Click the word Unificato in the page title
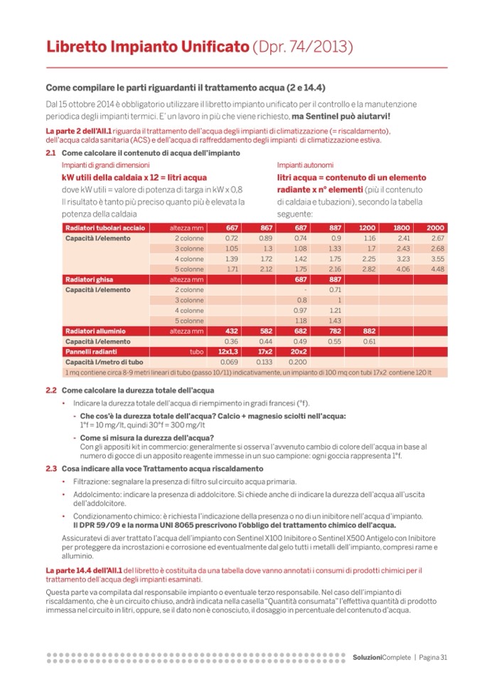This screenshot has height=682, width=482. (212, 48)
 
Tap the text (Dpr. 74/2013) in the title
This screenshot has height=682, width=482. (303, 48)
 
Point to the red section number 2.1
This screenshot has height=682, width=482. (50, 153)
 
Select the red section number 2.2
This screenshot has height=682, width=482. (50, 390)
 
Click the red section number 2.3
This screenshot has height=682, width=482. (50, 469)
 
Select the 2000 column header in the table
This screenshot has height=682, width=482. (435, 228)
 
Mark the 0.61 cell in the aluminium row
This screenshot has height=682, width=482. (368, 341)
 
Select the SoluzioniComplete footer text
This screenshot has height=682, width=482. (381, 657)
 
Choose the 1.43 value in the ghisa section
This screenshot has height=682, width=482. (333, 321)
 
